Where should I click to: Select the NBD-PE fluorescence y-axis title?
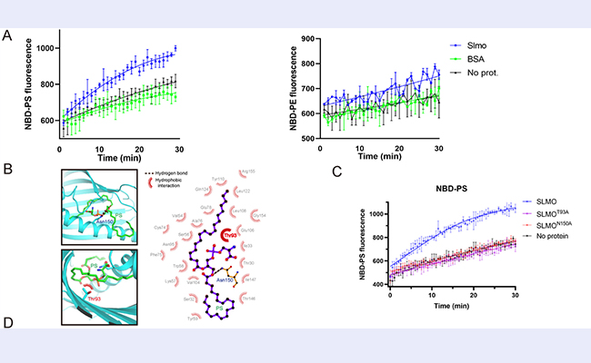[x=294, y=89]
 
